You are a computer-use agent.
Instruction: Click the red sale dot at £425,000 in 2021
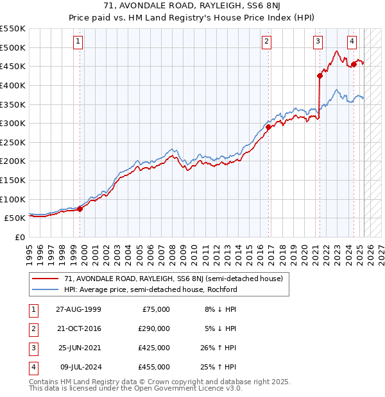coord(320,76)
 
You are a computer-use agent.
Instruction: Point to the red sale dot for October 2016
coord(268,127)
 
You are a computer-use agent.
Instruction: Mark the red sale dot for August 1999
coord(80,208)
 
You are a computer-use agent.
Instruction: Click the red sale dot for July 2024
coord(354,64)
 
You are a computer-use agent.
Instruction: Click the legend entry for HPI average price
coord(150,289)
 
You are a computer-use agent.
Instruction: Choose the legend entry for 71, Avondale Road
coord(168,279)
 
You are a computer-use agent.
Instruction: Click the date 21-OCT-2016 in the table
coord(79,328)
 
